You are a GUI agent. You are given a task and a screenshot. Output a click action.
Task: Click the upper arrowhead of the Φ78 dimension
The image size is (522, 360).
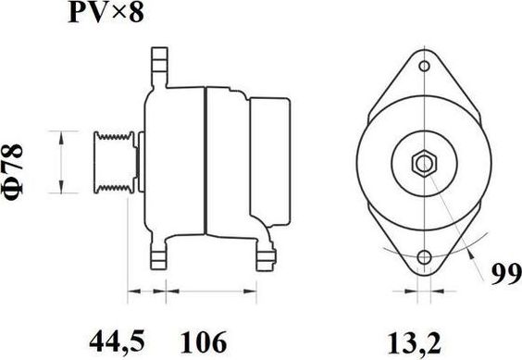[63, 136]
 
